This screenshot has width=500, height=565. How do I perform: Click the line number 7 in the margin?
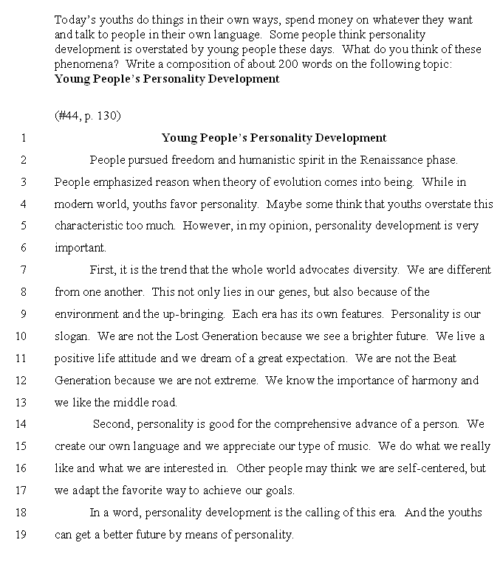[x=23, y=270]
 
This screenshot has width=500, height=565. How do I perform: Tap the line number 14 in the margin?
[x=21, y=424]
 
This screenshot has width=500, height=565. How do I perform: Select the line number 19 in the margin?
[x=21, y=535]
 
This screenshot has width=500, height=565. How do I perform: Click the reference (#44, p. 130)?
[x=87, y=116]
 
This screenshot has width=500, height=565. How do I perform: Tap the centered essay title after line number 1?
[x=273, y=137]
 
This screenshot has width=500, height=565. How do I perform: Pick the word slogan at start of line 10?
[x=70, y=336]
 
